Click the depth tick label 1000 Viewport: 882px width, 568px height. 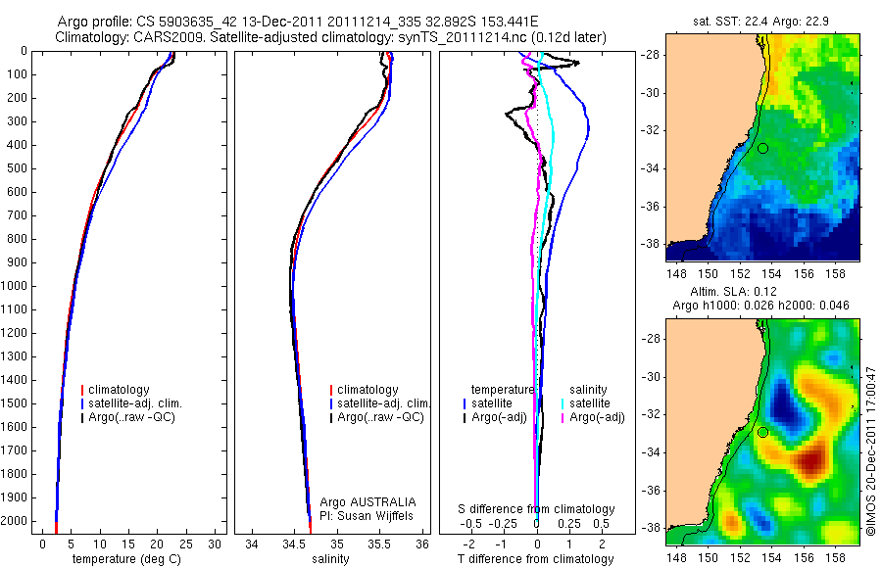16,286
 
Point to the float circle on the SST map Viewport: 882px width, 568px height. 762,148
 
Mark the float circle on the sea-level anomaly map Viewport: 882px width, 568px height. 762,432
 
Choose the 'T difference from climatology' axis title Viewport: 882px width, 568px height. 537,560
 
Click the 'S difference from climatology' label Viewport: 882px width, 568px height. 537,509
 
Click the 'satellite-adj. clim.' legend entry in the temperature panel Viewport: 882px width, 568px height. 135,403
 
